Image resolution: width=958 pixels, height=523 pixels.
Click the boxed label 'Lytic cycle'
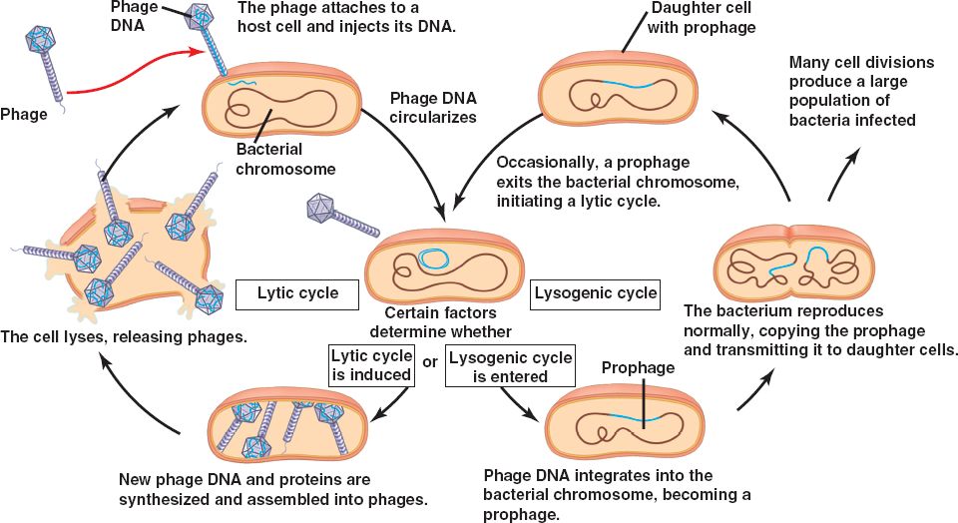point(297,293)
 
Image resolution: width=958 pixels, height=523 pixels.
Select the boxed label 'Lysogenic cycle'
point(596,292)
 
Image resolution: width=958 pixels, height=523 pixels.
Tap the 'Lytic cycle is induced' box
point(371,366)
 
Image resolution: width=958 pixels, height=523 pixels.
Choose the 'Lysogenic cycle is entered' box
point(511,367)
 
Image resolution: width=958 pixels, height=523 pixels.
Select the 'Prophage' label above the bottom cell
point(638,368)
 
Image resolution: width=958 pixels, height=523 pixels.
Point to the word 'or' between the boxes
point(430,361)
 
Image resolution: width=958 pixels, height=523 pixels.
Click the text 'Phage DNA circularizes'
point(433,108)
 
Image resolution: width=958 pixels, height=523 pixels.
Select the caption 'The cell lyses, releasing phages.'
point(123,338)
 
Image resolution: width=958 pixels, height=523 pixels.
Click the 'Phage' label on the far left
point(24,114)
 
